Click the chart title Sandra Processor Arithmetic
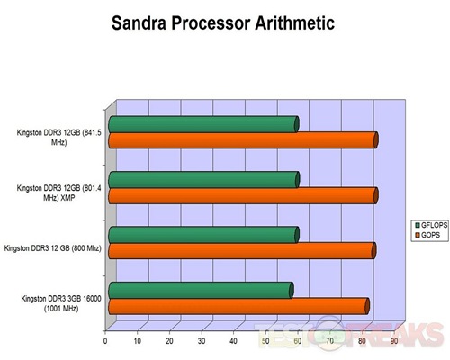pyautogui.click(x=223, y=22)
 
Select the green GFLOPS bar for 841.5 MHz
pyautogui.click(x=203, y=124)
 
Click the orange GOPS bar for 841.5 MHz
pyautogui.click(x=243, y=140)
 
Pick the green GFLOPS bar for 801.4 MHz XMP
pyautogui.click(x=204, y=180)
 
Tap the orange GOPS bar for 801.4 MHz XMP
pyautogui.click(x=243, y=195)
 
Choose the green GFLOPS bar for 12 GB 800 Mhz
pyautogui.click(x=203, y=235)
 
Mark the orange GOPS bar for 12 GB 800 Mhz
pyautogui.click(x=242, y=251)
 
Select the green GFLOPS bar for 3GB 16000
pyautogui.click(x=201, y=291)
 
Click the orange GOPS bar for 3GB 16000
pyautogui.click(x=238, y=306)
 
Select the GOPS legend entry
pyautogui.click(x=427, y=235)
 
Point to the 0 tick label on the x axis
pyautogui.click(x=105, y=341)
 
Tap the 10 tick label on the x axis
pyautogui.click(x=138, y=341)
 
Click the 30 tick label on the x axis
pyautogui.click(x=202, y=341)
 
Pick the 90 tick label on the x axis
pyautogui.click(x=394, y=341)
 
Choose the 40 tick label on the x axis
pyautogui.click(x=233, y=341)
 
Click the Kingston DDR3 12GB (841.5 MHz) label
pyautogui.click(x=58, y=138)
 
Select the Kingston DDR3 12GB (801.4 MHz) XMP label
pyautogui.click(x=58, y=193)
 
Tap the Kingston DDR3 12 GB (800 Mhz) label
pyautogui.click(x=53, y=248)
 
